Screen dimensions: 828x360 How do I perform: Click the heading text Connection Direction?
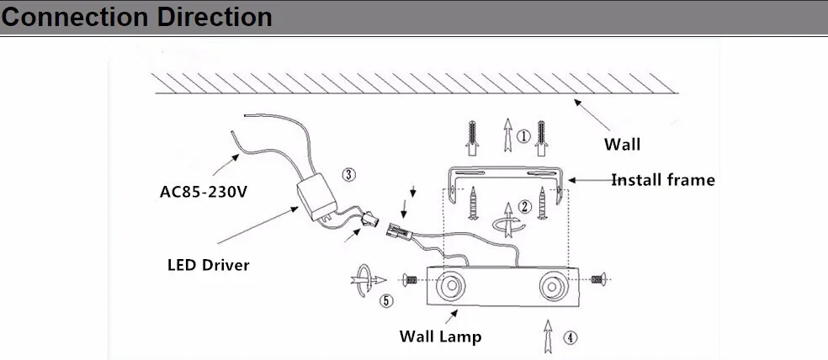[x=137, y=17]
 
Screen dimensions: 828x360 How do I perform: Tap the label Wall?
[x=622, y=144]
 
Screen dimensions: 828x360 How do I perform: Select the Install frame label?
[x=663, y=180]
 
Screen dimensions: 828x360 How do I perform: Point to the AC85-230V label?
[x=204, y=191]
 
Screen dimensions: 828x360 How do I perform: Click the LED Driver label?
[x=208, y=264]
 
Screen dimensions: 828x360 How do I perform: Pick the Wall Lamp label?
[x=440, y=336]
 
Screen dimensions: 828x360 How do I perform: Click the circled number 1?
[x=523, y=137]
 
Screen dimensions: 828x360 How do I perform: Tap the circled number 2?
[x=524, y=206]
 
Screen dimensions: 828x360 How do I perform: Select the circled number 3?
[x=348, y=174]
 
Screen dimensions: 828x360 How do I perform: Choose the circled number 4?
[x=569, y=337]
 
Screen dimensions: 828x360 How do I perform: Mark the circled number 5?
[x=386, y=301]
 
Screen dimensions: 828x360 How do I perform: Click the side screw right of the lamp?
[x=598, y=279]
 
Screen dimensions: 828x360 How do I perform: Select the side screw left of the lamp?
[x=410, y=280]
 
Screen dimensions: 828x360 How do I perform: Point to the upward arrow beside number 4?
[x=548, y=336]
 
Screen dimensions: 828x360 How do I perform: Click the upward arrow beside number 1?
[x=507, y=135]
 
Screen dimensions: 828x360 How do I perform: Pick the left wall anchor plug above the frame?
[x=472, y=138]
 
